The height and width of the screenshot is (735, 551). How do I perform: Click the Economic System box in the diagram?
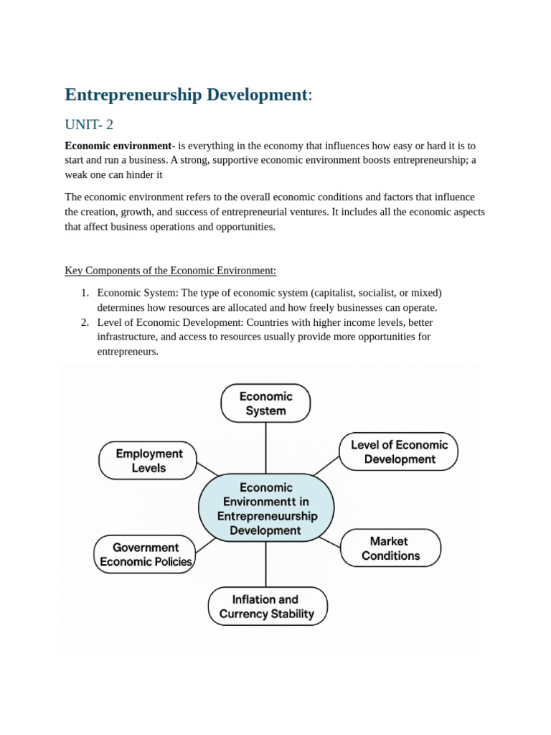[265, 403]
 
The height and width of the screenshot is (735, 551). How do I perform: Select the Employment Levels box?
[148, 460]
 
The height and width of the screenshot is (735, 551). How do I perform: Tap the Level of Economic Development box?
[398, 451]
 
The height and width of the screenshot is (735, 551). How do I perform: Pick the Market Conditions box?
[390, 548]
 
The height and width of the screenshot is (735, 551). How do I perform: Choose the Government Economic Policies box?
[146, 554]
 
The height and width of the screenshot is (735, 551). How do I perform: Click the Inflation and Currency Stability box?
[267, 606]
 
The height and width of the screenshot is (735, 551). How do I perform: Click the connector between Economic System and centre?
[266, 447]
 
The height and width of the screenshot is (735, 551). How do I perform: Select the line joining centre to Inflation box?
[266, 564]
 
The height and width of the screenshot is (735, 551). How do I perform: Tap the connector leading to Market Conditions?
[330, 542]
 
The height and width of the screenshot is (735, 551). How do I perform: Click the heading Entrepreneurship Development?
[186, 95]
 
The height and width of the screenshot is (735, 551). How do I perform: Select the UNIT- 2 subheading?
[89, 125]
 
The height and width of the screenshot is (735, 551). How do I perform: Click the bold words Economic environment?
[118, 146]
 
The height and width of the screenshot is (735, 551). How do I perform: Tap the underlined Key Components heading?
[170, 271]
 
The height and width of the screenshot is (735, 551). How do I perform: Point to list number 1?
[84, 293]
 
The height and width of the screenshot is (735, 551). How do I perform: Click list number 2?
[84, 322]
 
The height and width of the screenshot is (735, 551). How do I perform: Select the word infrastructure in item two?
[128, 337]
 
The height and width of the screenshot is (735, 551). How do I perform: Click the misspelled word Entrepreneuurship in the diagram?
[265, 516]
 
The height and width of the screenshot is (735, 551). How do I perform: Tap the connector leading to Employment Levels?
[207, 469]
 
